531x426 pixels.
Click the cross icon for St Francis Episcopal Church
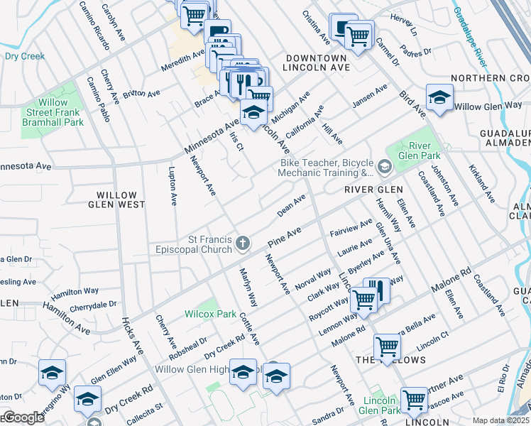[243, 244]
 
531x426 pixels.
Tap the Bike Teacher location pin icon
[385, 167]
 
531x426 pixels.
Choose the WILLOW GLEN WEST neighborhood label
[121, 200]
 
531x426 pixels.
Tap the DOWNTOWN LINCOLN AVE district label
[316, 62]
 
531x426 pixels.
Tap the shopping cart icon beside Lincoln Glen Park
[414, 399]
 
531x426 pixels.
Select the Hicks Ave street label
[130, 337]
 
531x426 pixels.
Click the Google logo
[23, 418]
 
